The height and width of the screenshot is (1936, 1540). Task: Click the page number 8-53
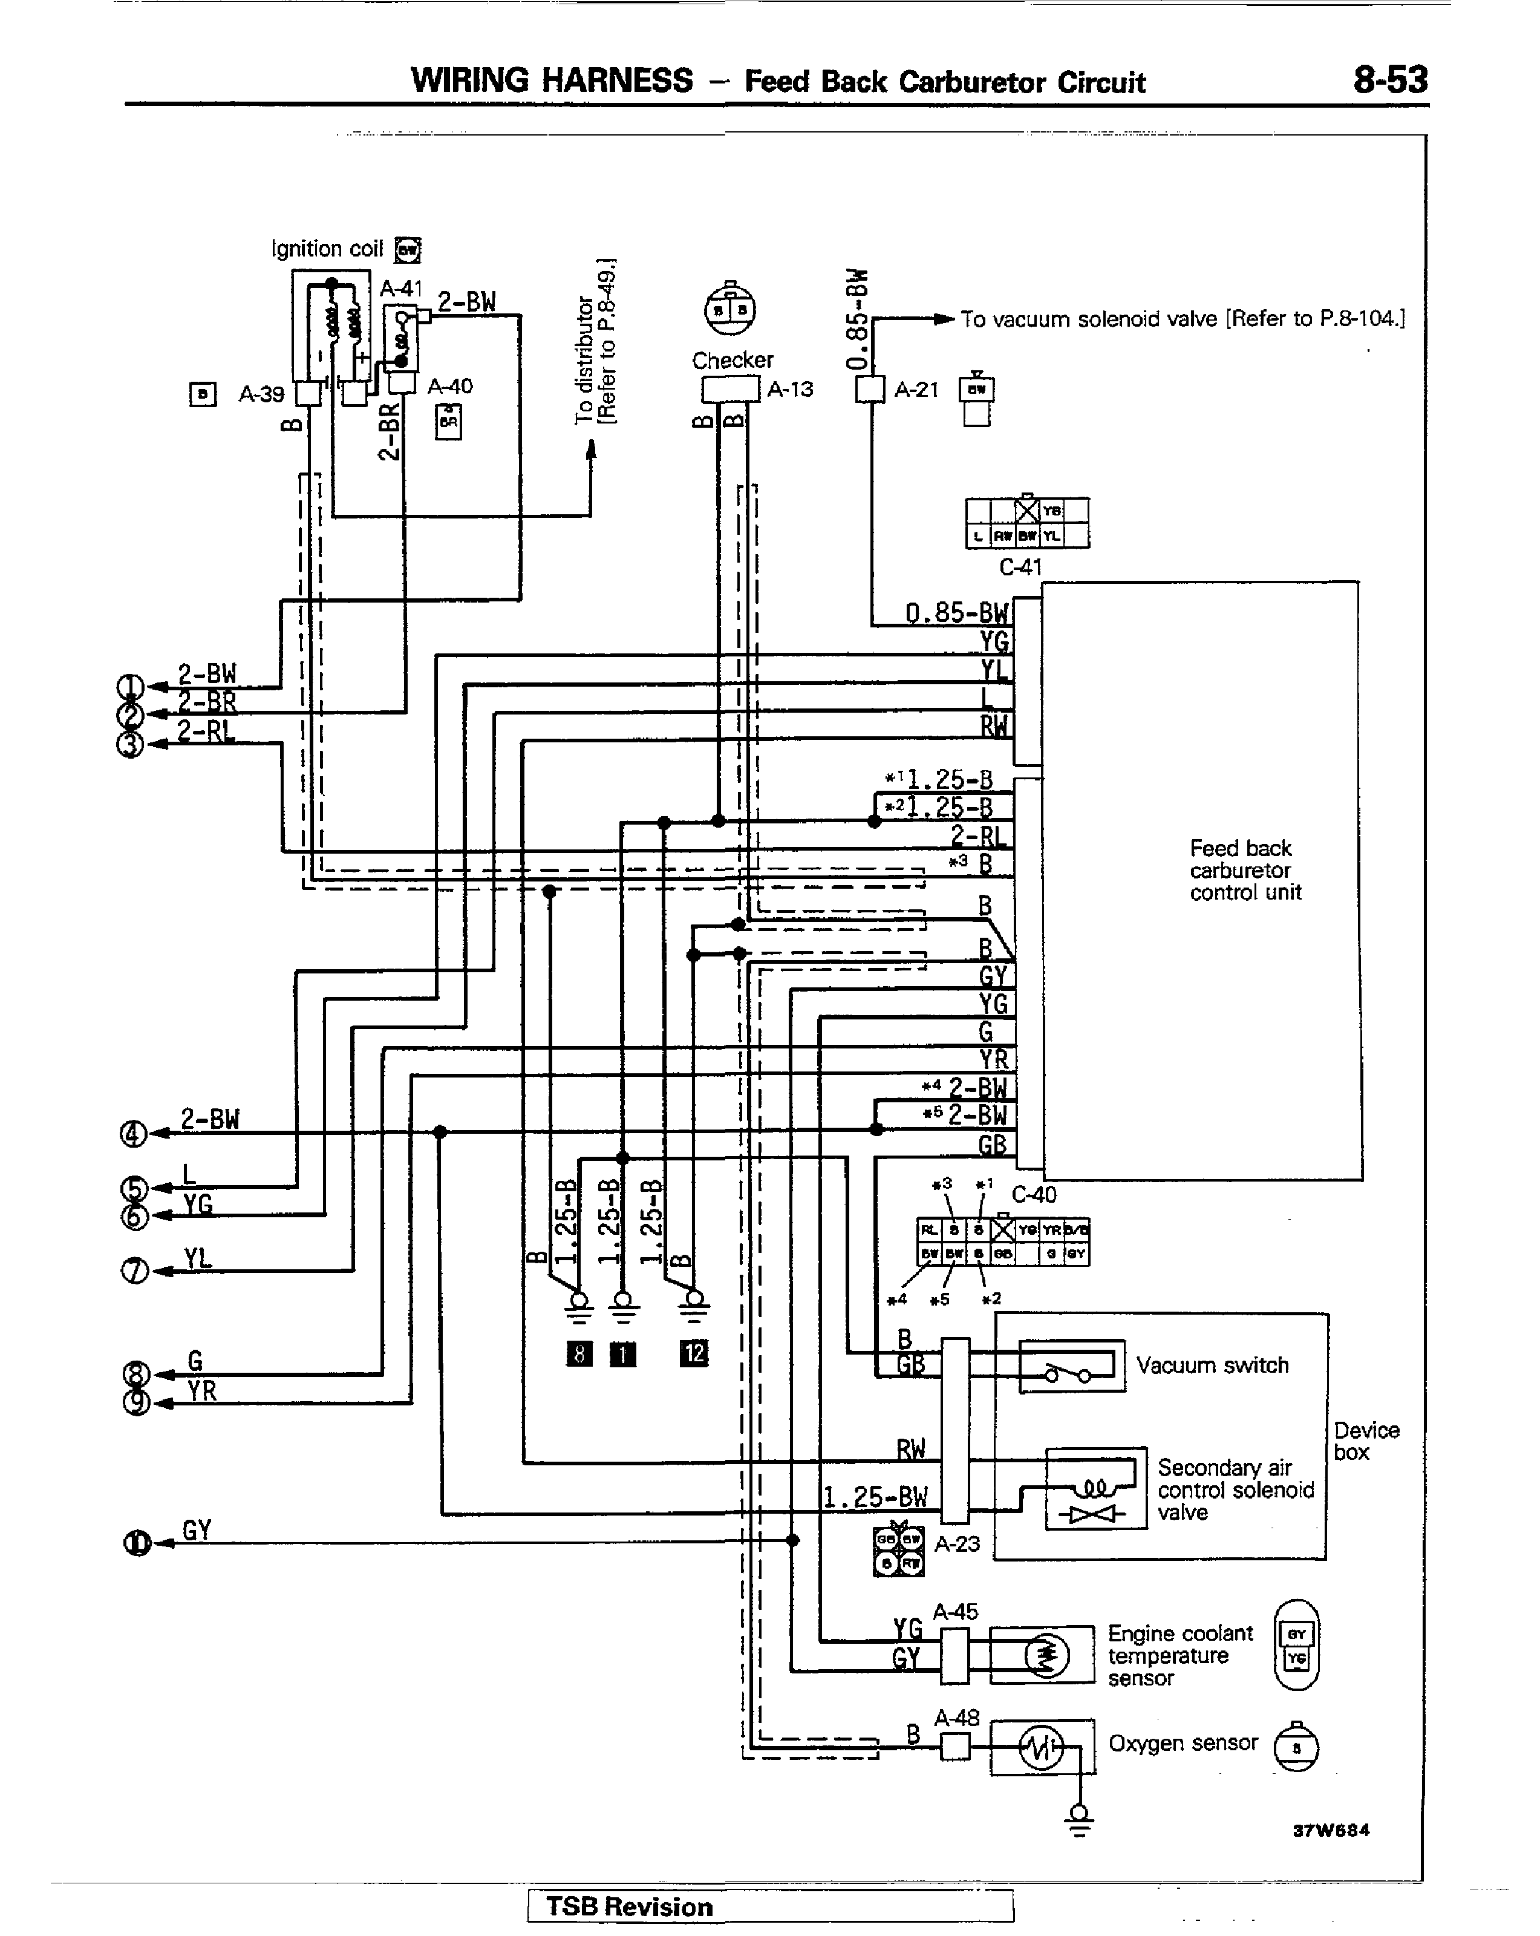tap(1389, 81)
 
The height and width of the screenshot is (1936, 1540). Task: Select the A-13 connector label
tap(790, 389)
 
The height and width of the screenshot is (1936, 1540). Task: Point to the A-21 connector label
tap(916, 389)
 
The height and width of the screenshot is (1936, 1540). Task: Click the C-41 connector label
tap(1020, 567)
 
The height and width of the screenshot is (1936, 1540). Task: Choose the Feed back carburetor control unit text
tap(1245, 869)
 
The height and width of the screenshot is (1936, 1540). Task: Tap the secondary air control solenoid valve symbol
tap(1095, 1489)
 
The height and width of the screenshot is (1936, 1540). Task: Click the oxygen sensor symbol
tap(1042, 1748)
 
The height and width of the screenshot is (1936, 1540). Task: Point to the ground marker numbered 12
tap(693, 1353)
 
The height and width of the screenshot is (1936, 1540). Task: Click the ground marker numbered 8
tap(579, 1353)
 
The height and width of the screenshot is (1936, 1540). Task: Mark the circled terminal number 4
tap(133, 1134)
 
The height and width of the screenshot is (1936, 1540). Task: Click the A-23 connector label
tap(958, 1543)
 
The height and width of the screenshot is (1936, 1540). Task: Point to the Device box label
tap(1366, 1441)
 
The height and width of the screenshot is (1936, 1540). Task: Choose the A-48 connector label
tap(956, 1718)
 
